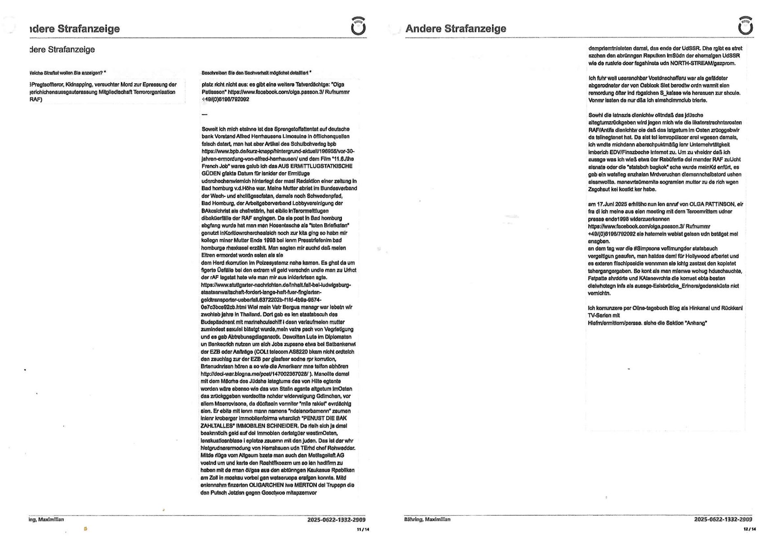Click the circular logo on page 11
(358, 27)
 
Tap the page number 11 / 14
(363, 530)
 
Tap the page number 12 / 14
(749, 530)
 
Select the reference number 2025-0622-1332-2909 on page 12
(723, 519)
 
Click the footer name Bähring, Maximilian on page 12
(427, 519)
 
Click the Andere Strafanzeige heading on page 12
(456, 29)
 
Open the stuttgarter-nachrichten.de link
(276, 285)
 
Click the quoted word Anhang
(696, 323)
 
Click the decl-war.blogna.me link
(254, 374)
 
